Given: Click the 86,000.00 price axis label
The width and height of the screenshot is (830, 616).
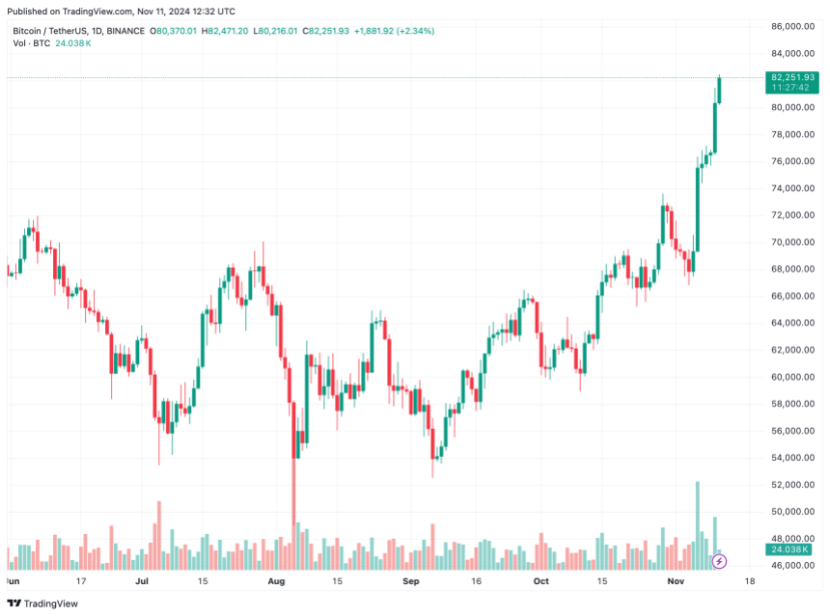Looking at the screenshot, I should [x=791, y=26].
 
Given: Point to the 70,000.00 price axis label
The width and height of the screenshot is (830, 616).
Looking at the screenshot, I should [x=791, y=242].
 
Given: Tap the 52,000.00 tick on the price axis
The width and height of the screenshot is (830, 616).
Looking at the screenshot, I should [x=791, y=485].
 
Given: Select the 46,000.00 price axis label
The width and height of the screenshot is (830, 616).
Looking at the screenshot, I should [x=791, y=566].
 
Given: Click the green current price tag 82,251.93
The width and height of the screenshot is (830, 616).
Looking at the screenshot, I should [x=791, y=77].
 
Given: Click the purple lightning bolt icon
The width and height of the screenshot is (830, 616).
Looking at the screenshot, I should [x=718, y=561].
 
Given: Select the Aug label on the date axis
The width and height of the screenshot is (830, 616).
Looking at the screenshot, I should [x=276, y=582].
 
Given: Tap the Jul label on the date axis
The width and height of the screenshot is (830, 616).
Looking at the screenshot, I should [x=142, y=582].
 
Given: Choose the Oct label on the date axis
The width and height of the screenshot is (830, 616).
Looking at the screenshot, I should [x=541, y=582].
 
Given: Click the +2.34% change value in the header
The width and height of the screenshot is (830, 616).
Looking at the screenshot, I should [x=414, y=31].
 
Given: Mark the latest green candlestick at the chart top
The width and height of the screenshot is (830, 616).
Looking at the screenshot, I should [x=720, y=89].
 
